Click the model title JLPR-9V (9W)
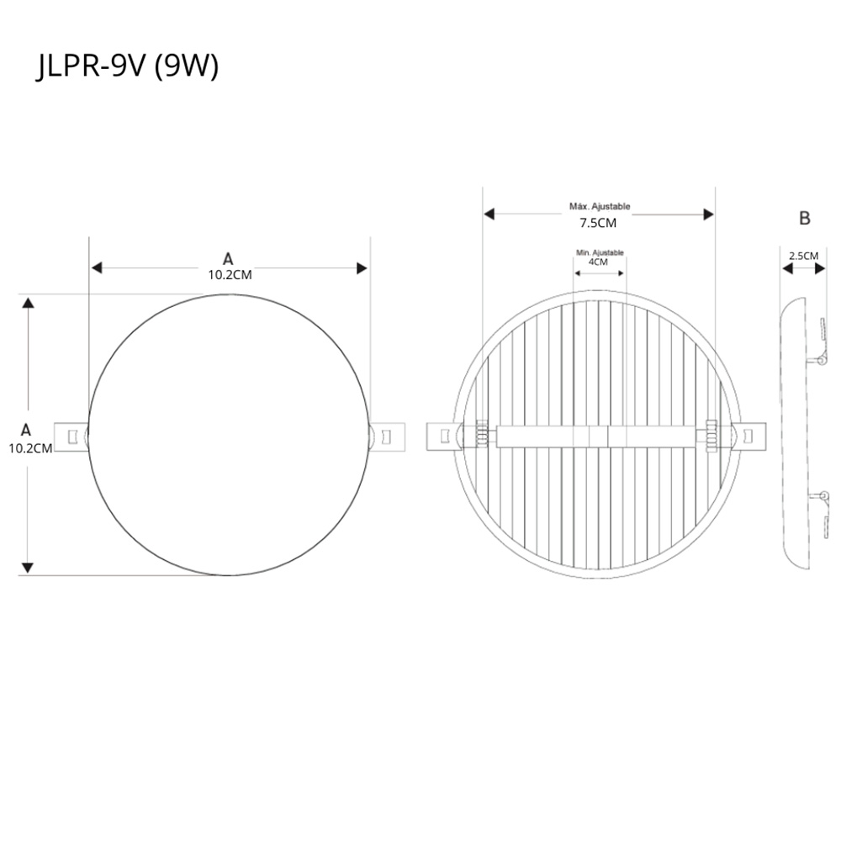[128, 67]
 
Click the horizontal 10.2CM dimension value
[230, 275]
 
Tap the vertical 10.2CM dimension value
[30, 447]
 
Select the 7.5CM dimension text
[598, 224]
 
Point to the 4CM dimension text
[599, 262]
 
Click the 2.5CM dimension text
[803, 255]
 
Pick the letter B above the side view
[805, 219]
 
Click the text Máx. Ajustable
[599, 206]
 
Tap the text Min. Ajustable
[600, 252]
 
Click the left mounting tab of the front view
[71, 436]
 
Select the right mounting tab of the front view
[386, 436]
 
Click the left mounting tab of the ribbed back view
[443, 436]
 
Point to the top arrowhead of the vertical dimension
[29, 303]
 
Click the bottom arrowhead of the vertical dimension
[29, 569]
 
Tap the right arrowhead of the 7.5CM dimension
[708, 214]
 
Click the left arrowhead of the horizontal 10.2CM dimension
[97, 268]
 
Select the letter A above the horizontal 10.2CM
[228, 259]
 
